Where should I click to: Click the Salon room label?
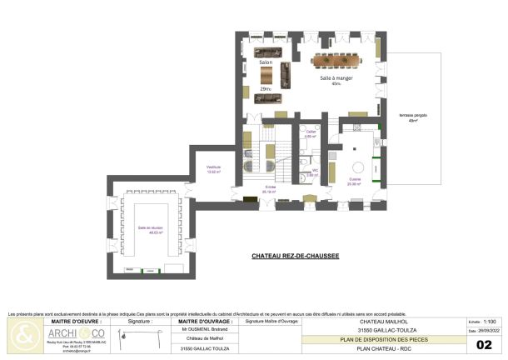click(266, 62)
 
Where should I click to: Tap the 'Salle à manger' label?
click(337, 77)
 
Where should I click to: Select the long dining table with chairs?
click(343, 59)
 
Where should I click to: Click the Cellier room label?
click(310, 132)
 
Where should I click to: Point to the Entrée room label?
click(270, 187)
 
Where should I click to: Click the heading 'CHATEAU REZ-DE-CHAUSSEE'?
click(295, 257)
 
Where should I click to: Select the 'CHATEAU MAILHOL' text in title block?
click(384, 321)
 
